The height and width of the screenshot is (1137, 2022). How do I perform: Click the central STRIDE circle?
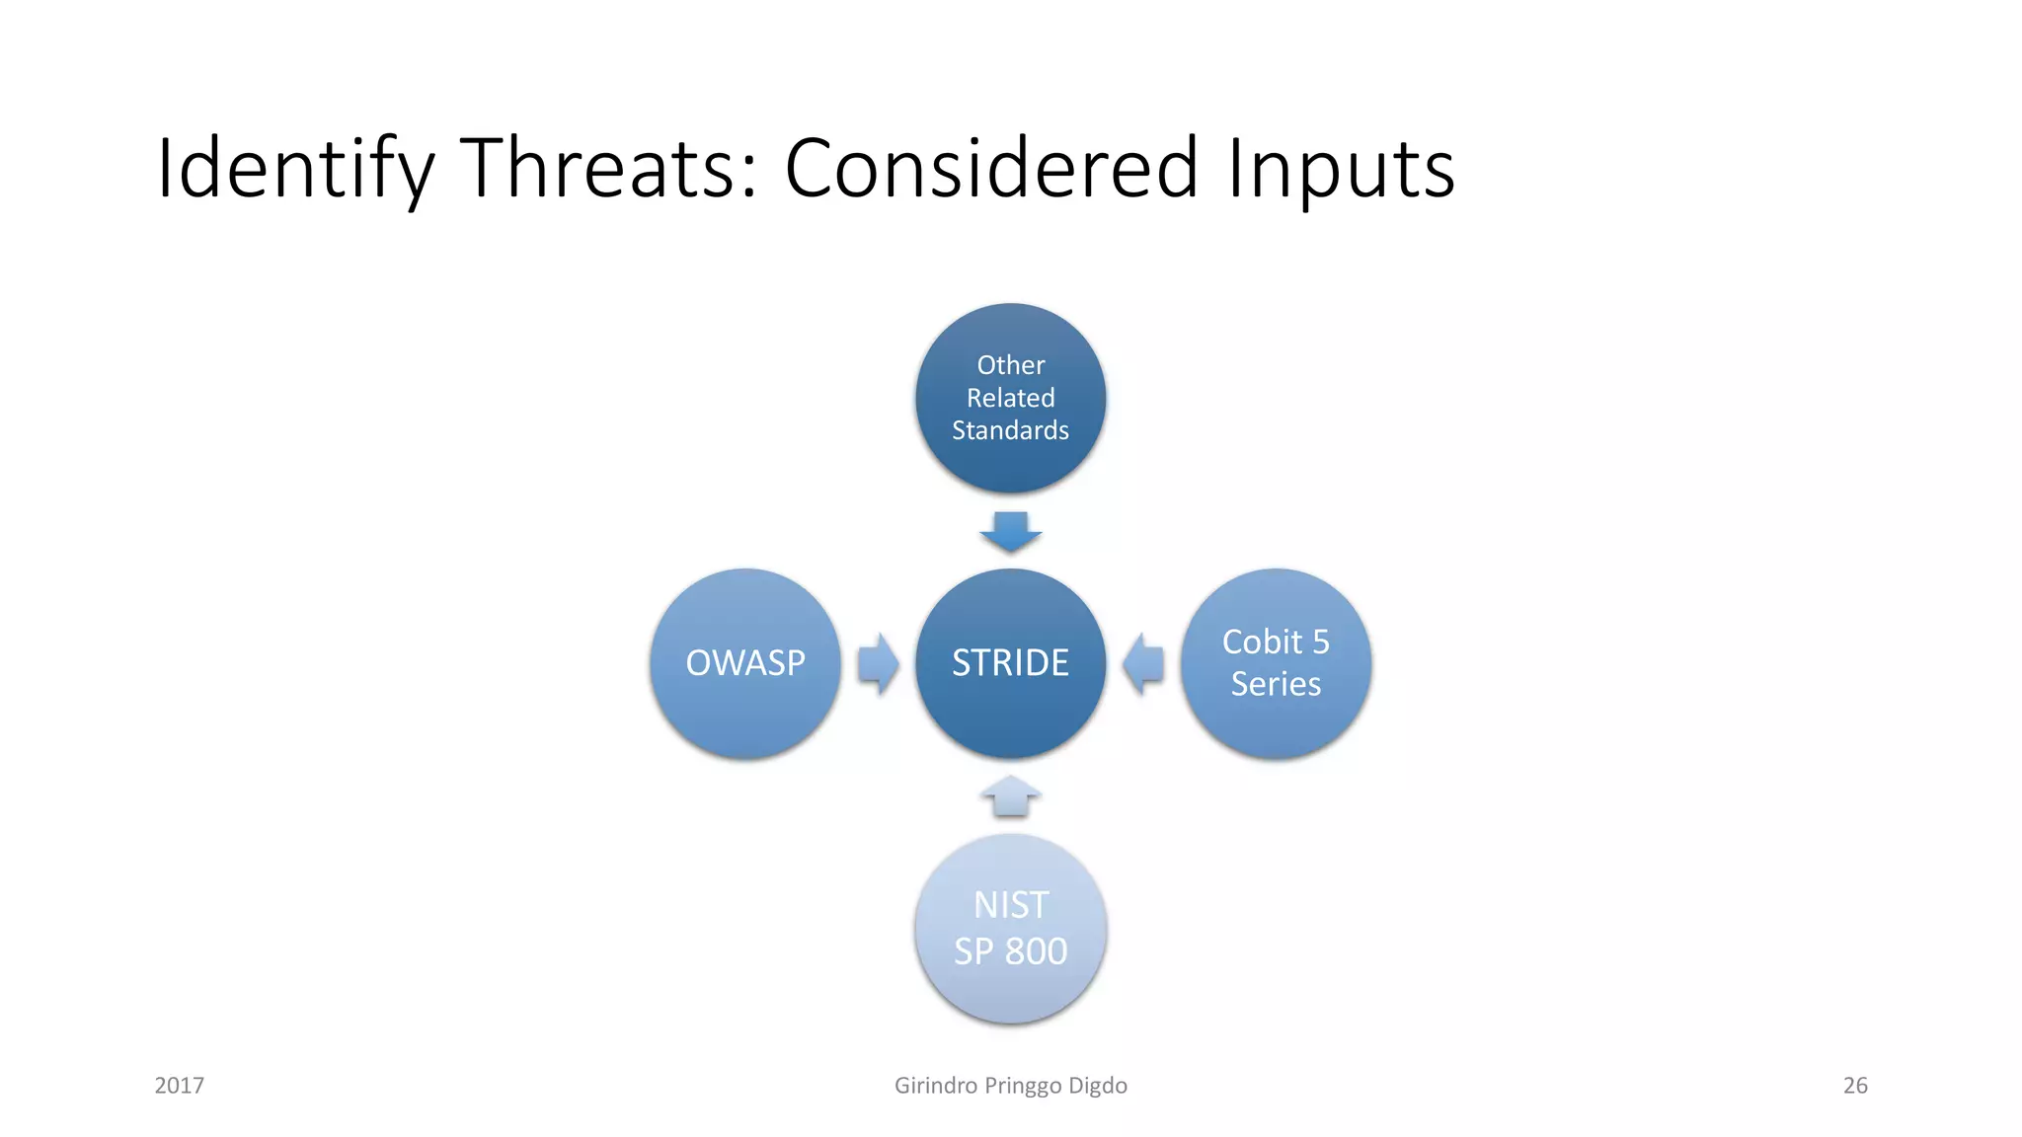(1010, 663)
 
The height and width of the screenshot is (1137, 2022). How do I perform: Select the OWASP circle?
(745, 663)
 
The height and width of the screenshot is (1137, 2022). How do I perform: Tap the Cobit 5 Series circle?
(1276, 663)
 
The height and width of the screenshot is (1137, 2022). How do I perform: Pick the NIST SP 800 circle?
(1010, 928)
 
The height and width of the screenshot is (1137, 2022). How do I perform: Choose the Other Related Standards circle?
(1010, 398)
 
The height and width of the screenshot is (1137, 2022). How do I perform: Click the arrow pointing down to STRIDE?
(1010, 532)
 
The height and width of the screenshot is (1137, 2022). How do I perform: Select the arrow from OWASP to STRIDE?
(878, 663)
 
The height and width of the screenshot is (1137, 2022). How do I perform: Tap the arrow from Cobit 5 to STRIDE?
(1143, 663)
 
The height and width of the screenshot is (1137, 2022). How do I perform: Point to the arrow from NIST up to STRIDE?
(1010, 796)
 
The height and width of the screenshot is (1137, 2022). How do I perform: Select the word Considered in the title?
(991, 168)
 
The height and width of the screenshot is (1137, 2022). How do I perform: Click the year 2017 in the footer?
(179, 1086)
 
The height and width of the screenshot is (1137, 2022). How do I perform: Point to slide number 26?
(1855, 1086)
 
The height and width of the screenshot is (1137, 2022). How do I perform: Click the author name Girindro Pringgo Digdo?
(1010, 1086)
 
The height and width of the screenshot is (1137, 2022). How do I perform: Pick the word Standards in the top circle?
(1010, 430)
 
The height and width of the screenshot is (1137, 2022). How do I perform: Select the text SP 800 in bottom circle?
(1010, 951)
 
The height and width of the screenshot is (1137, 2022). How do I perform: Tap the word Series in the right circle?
(1276, 684)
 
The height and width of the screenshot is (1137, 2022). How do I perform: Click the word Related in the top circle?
(1010, 398)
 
